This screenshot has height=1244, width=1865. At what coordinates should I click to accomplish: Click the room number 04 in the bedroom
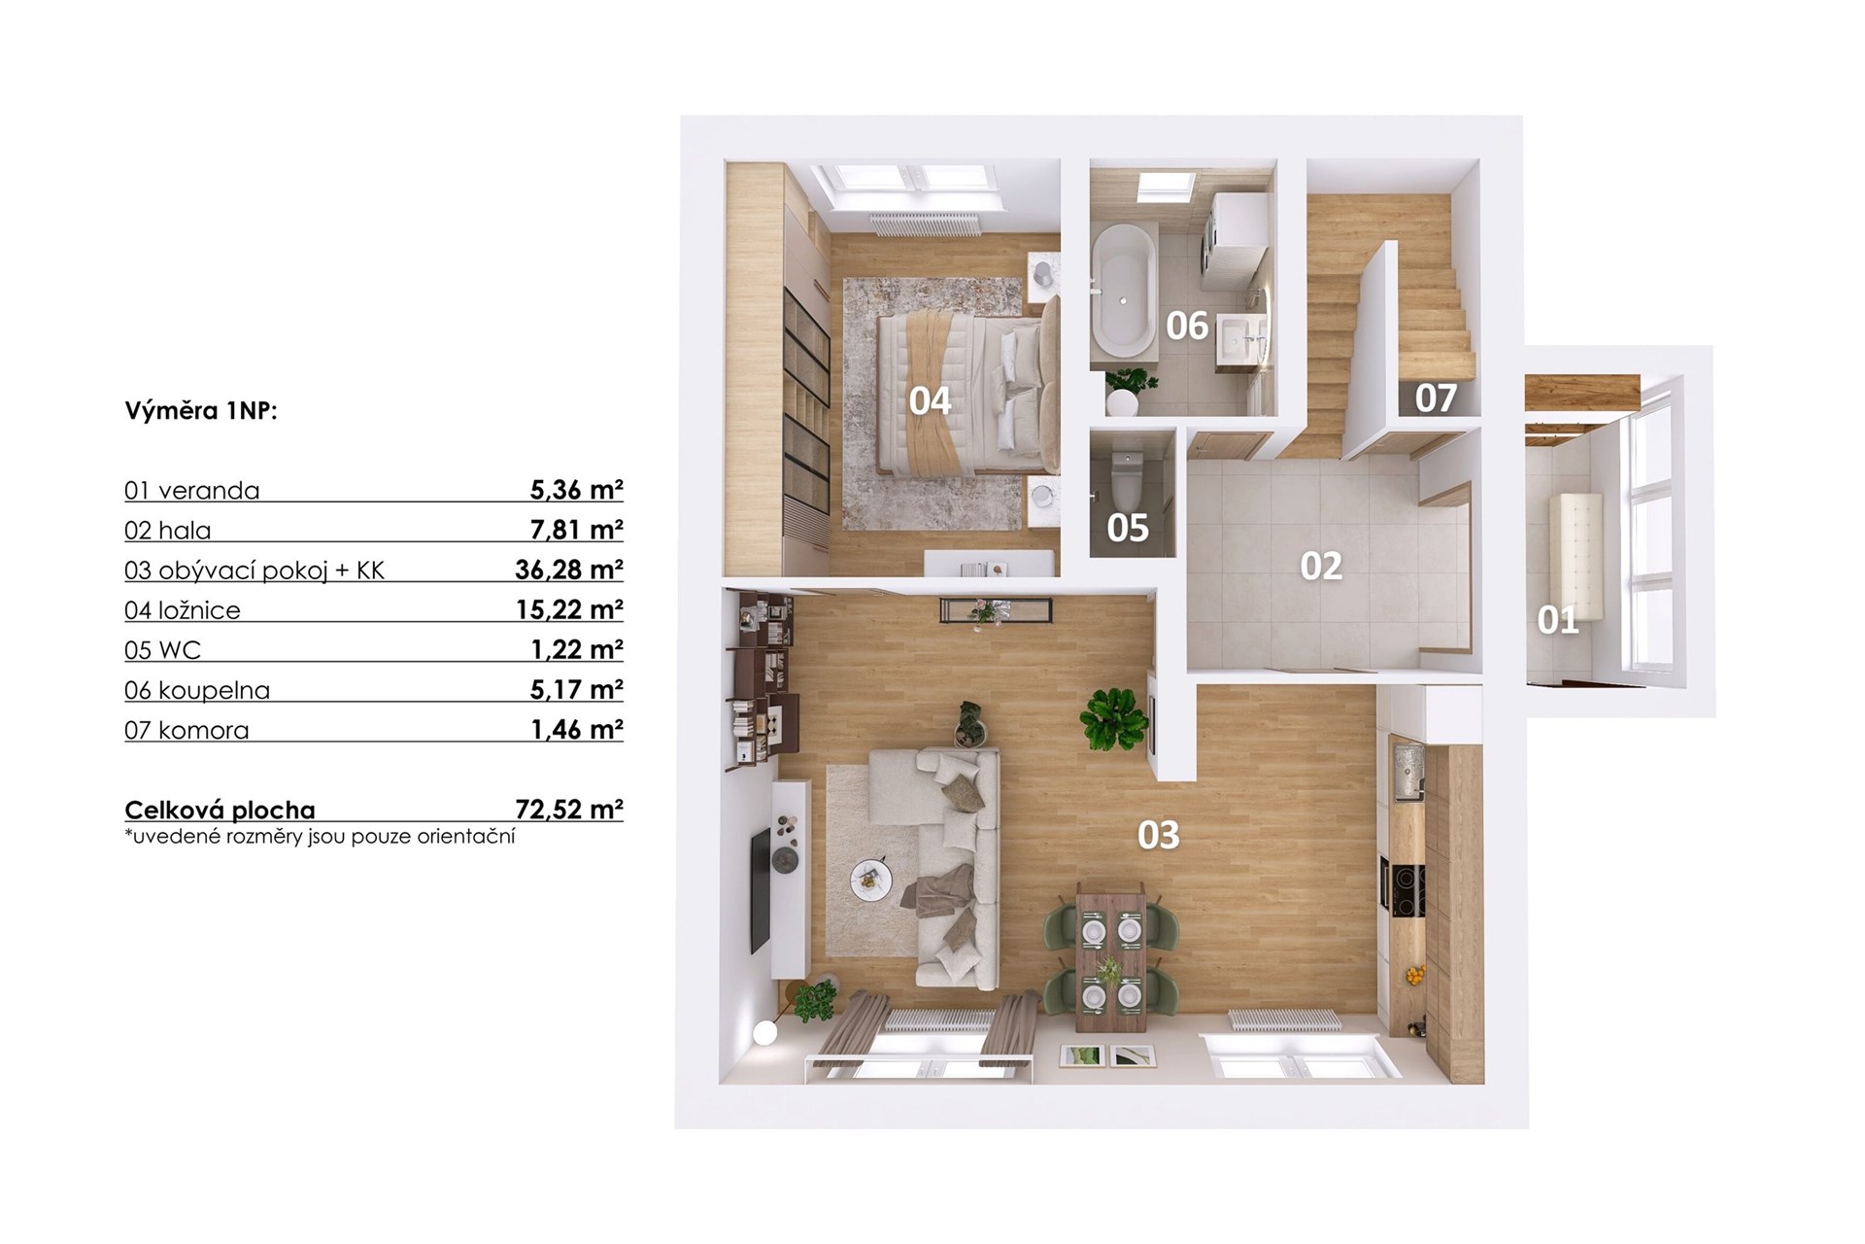point(930,400)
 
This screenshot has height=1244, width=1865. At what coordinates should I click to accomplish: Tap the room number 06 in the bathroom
point(1187,326)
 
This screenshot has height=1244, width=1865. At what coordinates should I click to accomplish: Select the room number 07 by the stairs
point(1436,397)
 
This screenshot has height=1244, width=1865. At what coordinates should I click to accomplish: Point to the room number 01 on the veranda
point(1557,620)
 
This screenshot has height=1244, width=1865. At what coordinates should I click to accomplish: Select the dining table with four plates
point(1110,958)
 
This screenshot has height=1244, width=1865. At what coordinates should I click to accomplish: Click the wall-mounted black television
point(760,892)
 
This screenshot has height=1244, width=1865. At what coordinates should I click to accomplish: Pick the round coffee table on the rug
point(870,881)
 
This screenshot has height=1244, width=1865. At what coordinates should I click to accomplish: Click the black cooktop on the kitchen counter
point(1403,887)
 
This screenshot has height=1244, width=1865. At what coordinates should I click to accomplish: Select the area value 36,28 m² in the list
point(569,570)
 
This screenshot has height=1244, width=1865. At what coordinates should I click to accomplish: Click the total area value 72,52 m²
point(569,810)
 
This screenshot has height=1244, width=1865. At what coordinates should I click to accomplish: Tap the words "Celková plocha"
point(220,811)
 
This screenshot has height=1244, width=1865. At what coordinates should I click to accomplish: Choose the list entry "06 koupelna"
point(197,690)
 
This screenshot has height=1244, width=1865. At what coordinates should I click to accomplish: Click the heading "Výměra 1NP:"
point(201,411)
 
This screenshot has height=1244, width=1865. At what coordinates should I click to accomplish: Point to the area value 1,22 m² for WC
point(577,649)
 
